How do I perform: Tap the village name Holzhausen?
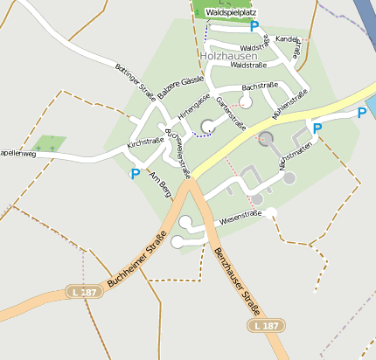pyautogui.click(x=229, y=55)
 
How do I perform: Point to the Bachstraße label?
pyautogui.click(x=260, y=87)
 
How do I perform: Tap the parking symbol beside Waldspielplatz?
pyautogui.click(x=254, y=26)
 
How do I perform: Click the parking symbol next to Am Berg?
pyautogui.click(x=136, y=174)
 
